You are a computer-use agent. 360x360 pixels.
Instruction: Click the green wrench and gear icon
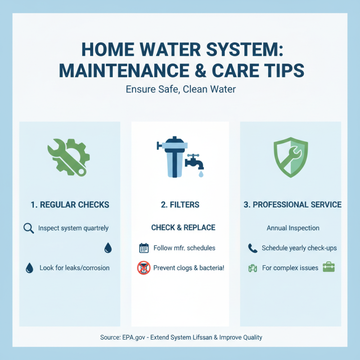(68, 157)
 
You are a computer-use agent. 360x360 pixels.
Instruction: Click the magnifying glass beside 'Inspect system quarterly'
(28, 229)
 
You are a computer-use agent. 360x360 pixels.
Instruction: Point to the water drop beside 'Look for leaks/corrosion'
(29, 268)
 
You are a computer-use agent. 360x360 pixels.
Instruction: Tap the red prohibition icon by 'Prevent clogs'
(143, 268)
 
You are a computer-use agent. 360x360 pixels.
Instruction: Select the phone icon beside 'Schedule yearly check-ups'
(252, 248)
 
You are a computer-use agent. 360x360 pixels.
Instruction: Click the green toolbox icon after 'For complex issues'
(329, 267)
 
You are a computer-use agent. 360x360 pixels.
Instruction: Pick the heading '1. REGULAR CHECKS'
(70, 205)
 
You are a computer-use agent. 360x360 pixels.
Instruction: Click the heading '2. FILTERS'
(180, 205)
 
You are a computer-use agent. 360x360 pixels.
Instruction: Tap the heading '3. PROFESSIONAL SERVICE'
(292, 205)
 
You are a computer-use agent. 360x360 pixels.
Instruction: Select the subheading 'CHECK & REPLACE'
(183, 228)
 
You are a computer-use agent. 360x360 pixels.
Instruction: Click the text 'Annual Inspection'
(293, 228)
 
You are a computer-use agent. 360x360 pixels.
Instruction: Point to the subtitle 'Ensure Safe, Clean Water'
(180, 90)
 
